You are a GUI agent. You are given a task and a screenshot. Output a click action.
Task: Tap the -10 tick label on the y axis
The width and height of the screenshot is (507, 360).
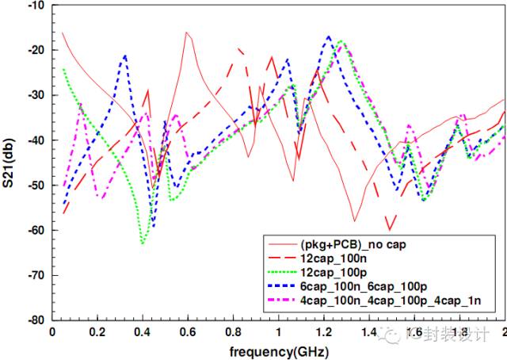pos(32,6)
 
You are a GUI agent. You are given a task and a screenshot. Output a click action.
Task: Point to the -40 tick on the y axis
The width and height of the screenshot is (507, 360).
pos(32,140)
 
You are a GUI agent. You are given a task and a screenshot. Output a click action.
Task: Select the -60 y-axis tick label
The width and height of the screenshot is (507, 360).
pos(32,231)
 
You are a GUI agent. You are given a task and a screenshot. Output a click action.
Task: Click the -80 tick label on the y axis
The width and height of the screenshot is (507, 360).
pos(32,320)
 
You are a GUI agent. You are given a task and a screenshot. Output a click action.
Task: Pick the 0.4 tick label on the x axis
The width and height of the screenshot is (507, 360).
pos(142,331)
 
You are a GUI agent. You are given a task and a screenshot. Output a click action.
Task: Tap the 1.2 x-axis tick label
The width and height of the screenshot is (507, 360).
pos(323,331)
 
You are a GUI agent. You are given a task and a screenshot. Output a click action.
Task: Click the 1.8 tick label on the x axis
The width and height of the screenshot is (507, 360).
pos(459,331)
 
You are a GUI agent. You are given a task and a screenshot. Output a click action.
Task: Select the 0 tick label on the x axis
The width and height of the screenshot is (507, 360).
pos(51,331)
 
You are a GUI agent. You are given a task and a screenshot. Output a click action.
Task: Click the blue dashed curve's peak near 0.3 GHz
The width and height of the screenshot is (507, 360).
pos(124,56)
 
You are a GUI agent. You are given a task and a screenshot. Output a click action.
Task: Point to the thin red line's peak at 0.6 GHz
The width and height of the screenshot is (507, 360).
pos(187,33)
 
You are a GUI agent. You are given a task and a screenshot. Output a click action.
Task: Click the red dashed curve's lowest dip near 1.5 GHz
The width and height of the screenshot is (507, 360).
pos(388,230)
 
